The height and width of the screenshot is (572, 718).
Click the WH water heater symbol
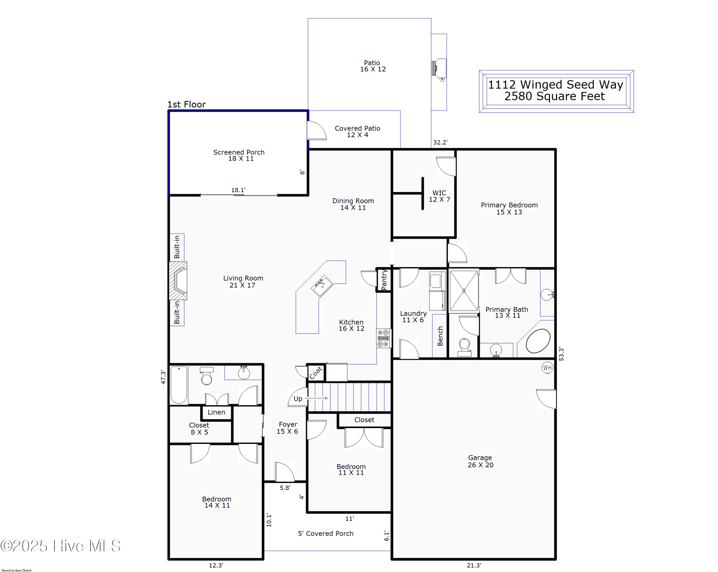[547, 368]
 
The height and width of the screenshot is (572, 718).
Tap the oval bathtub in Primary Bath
[538, 341]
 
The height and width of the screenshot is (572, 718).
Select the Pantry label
[384, 280]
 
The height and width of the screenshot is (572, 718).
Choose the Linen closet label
[216, 412]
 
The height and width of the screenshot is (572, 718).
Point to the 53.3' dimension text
[561, 354]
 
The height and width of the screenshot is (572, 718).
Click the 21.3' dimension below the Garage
[474, 565]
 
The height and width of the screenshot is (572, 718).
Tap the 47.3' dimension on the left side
[163, 377]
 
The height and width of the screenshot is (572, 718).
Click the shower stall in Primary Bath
[464, 291]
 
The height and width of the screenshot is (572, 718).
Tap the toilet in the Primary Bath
[464, 347]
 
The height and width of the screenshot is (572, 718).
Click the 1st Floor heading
[186, 104]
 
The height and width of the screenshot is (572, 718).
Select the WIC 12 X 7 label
[439, 196]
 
